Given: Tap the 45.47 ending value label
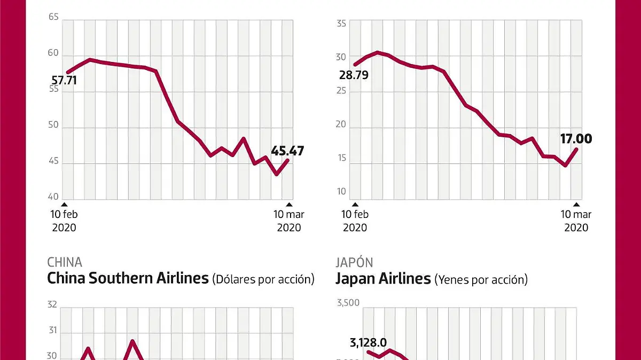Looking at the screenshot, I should click(x=287, y=151).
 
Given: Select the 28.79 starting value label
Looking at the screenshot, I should click(x=354, y=75).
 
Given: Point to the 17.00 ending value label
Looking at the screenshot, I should click(x=576, y=139).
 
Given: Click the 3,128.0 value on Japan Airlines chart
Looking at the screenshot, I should click(x=368, y=342).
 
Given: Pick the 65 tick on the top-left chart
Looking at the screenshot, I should click(x=53, y=17).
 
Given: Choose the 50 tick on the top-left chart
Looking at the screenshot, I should click(x=53, y=127).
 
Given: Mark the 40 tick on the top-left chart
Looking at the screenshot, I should click(x=53, y=197).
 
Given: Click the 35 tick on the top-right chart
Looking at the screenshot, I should click(x=341, y=24).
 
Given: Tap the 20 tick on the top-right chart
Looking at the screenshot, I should click(x=341, y=124).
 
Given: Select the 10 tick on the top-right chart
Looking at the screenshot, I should click(x=341, y=191).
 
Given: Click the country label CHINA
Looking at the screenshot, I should click(x=65, y=262).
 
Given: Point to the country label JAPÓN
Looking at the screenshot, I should click(x=354, y=262).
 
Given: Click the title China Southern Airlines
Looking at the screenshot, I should click(x=128, y=278).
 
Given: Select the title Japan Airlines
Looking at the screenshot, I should click(x=383, y=278).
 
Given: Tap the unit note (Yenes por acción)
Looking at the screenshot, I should click(x=481, y=279).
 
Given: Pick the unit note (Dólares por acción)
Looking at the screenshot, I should click(x=263, y=279).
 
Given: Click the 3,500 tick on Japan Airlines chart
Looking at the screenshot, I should click(x=347, y=303).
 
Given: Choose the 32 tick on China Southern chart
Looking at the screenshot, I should click(x=52, y=305).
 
